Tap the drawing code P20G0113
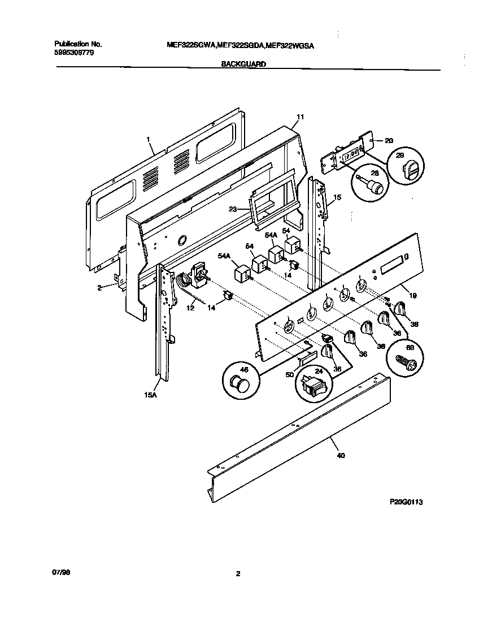(x=406, y=502)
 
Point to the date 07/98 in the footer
(x=61, y=572)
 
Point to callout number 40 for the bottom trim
(x=339, y=455)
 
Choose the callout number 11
(x=300, y=117)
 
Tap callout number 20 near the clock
(x=389, y=140)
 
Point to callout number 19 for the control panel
(x=412, y=295)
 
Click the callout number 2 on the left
(x=99, y=287)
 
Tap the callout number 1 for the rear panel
(x=147, y=139)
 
